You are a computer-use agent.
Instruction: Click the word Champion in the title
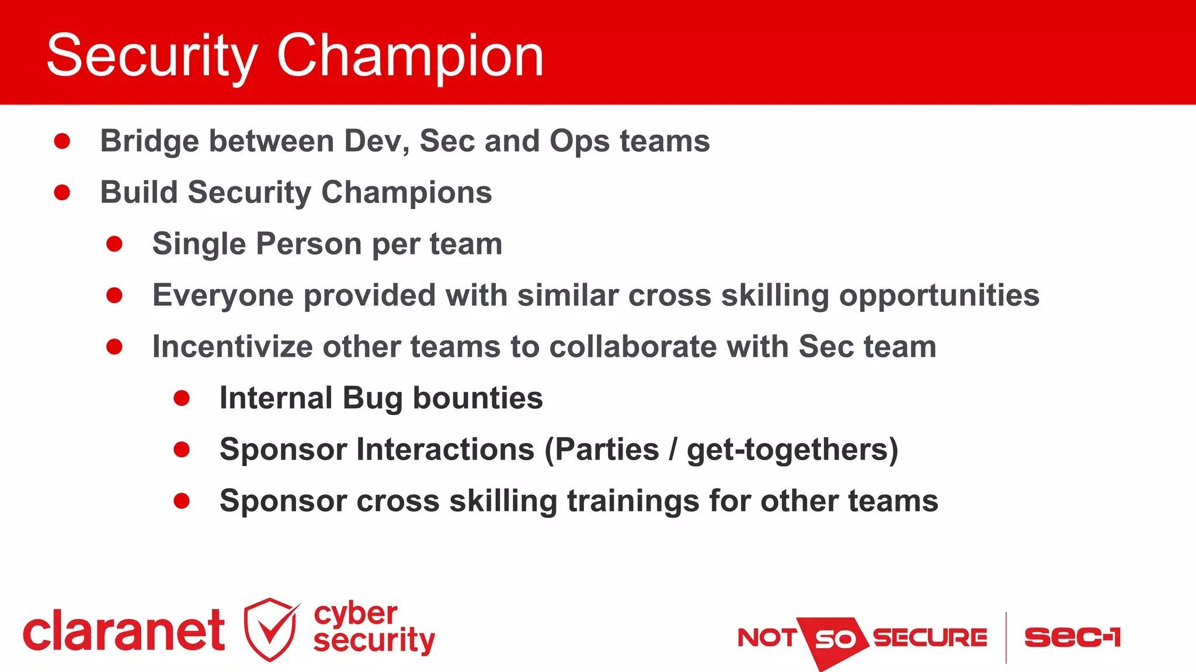click(410, 55)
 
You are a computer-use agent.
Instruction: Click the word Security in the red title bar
click(152, 55)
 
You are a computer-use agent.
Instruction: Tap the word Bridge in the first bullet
click(149, 141)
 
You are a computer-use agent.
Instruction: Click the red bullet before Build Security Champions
click(62, 193)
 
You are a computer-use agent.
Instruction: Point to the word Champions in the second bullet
click(406, 193)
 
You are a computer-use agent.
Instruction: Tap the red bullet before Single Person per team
click(114, 244)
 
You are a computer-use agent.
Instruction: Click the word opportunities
click(939, 295)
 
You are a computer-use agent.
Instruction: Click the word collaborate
click(633, 347)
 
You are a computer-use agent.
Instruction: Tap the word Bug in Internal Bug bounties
click(372, 398)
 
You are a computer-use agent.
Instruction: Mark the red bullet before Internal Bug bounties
click(182, 398)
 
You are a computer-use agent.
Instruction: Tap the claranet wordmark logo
click(124, 632)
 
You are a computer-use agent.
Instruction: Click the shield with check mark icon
click(270, 629)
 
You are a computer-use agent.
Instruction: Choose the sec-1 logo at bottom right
click(1072, 637)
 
